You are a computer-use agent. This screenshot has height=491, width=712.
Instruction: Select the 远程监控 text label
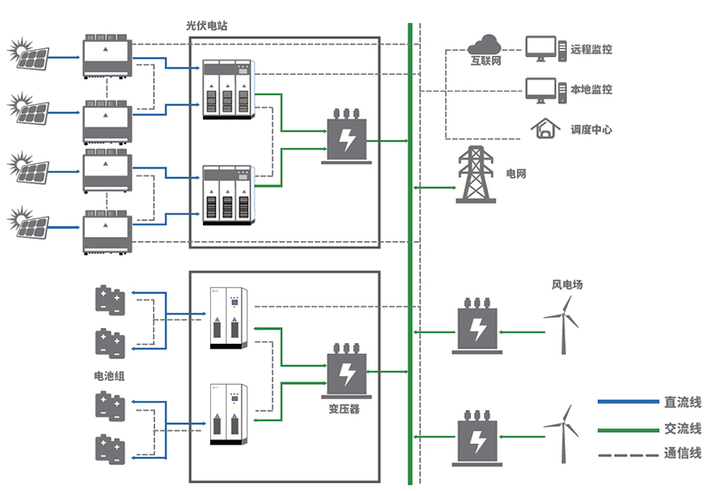point(592,50)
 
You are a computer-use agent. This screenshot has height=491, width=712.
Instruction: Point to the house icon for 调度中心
point(541,129)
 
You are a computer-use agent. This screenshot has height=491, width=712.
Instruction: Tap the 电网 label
point(516,174)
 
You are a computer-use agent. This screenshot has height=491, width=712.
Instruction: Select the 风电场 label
point(567,285)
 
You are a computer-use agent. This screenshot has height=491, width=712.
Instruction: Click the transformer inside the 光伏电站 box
point(343,137)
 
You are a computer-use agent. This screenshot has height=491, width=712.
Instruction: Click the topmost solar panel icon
point(28,54)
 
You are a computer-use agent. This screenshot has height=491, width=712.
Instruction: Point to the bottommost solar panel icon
point(28,221)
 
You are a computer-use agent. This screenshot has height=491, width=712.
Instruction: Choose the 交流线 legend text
point(683,429)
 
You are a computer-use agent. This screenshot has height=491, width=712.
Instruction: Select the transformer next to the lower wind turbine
point(478,437)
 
